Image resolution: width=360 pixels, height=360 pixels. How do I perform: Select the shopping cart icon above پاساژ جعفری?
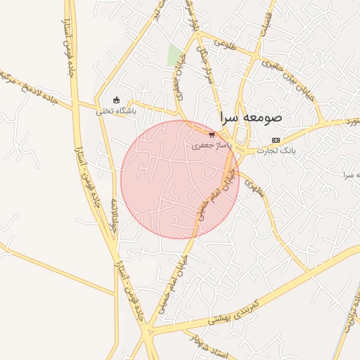(x=212, y=134)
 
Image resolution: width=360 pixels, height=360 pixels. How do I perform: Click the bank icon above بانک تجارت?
(x=276, y=140)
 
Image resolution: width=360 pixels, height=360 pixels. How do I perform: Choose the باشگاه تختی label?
(x=117, y=110)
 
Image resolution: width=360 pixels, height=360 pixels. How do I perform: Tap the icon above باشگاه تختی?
(x=117, y=100)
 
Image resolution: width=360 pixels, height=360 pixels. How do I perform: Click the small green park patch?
(x=174, y=55)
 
